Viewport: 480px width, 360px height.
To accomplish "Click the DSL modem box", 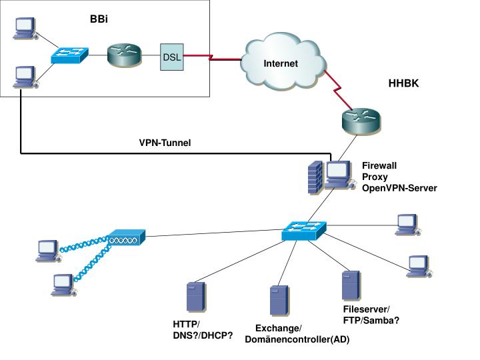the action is coord(172,57).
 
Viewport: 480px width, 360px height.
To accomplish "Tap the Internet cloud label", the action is coord(281,63).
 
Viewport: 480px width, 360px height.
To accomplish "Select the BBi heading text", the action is coord(99,19).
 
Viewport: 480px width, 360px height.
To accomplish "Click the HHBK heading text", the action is coord(403,83).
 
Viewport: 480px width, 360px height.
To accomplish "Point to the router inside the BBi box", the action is coord(124,55).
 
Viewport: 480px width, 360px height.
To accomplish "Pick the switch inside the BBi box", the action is coord(69,55).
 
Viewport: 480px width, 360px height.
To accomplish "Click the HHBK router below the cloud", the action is coord(361,121).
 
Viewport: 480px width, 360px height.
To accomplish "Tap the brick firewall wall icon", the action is coord(315,177).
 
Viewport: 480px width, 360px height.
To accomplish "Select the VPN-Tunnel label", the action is coord(165,143).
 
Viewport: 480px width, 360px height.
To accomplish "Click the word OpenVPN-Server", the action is coord(399,188).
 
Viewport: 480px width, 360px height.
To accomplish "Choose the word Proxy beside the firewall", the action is coord(375,177).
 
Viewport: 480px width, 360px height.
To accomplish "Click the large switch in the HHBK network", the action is coord(304,231).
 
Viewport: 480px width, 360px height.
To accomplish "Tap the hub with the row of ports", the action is coord(126,237).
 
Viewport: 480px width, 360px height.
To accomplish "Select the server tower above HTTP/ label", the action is coord(196,297).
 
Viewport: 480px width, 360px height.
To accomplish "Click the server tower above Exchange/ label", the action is coord(279,301).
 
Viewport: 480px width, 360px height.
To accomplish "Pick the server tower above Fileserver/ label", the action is coord(351,285).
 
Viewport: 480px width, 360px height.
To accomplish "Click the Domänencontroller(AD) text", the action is coord(297,339).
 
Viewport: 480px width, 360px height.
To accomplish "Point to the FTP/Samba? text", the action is coord(371,321).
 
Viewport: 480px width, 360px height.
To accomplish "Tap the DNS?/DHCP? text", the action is coord(203,335).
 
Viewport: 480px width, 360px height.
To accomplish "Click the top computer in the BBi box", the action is coord(25,29).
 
